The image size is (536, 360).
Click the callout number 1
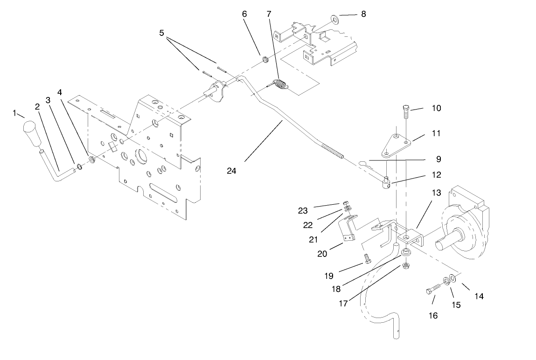tap(15, 113)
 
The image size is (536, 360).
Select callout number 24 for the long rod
tap(232, 171)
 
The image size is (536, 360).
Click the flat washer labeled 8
tap(334, 19)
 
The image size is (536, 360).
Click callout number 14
tap(479, 295)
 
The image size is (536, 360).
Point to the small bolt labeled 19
tap(367, 257)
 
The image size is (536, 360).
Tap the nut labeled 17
tap(405, 267)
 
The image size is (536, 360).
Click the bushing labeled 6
tap(264, 59)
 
